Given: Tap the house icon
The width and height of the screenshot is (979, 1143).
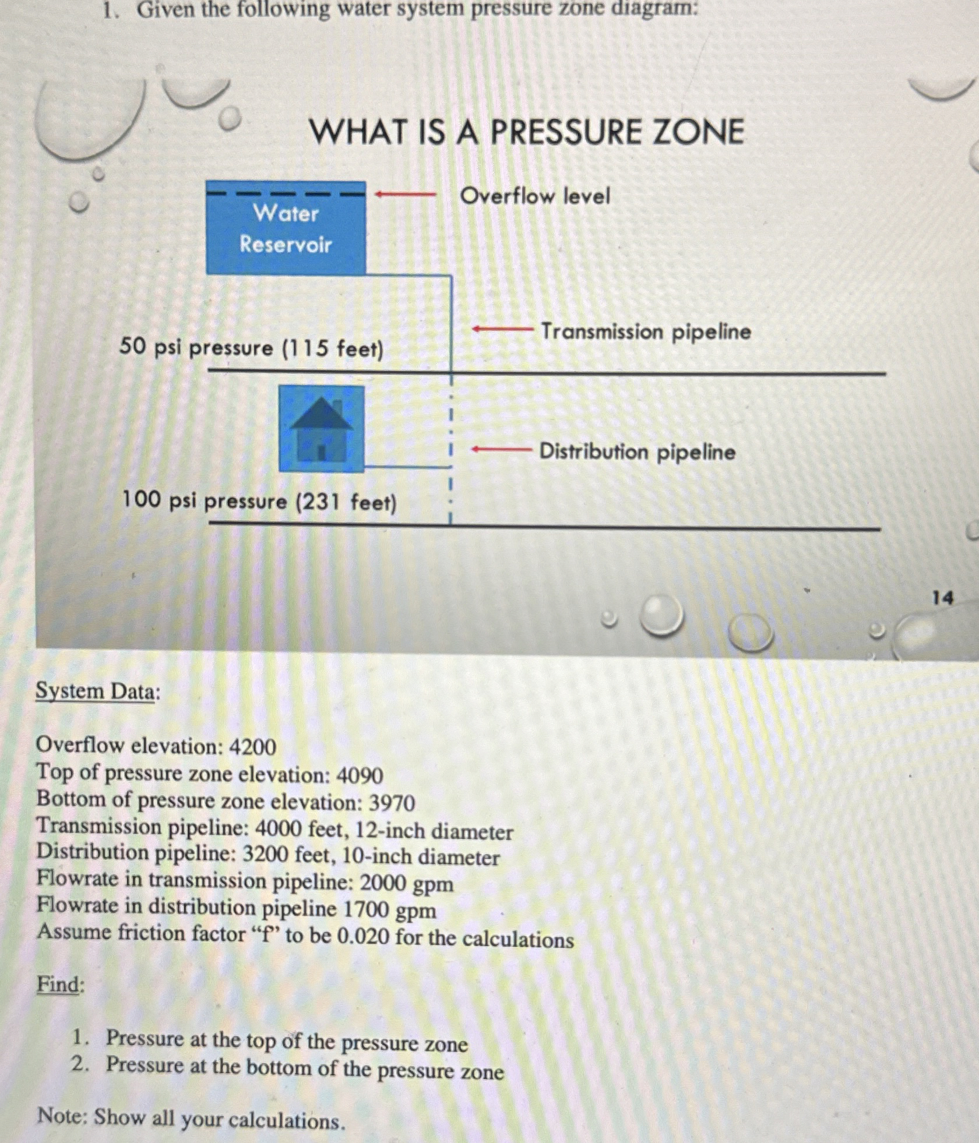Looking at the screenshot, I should (x=322, y=429).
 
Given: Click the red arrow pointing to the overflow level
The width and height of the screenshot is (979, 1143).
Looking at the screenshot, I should (x=405, y=194).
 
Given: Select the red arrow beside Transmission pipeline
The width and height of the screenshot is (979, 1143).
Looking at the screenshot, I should (x=502, y=330).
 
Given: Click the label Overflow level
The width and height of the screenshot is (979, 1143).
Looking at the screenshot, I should (x=534, y=196).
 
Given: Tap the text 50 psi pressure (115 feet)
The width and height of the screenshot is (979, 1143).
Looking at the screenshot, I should (x=252, y=348).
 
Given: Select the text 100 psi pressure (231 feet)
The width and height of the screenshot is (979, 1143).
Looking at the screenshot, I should (x=259, y=501).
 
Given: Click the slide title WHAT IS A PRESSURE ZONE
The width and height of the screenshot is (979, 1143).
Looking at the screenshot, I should (x=527, y=131).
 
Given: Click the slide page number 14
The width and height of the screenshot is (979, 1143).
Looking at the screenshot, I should (x=942, y=598).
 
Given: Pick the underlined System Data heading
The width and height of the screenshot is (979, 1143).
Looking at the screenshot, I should (x=97, y=692).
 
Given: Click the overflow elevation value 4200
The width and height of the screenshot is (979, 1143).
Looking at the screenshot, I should (x=252, y=747).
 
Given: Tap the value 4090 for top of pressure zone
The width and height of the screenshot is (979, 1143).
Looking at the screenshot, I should (x=360, y=775).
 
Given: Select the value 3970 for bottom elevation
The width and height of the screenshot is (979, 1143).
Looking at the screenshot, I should (x=392, y=803).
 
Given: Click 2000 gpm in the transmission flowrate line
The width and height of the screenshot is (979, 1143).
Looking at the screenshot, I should (x=406, y=884).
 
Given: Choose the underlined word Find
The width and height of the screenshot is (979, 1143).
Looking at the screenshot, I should (x=60, y=985).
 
